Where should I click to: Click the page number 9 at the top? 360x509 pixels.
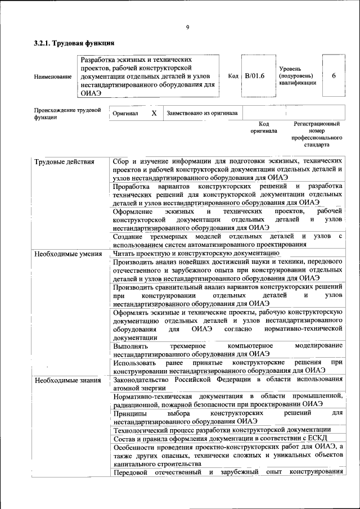point(187,28)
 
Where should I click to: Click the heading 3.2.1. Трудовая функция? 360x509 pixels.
point(74,43)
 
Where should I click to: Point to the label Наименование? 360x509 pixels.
point(53,76)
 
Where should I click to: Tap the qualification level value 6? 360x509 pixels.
point(334,76)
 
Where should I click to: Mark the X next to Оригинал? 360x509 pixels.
point(154,113)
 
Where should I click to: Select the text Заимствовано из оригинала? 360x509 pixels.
point(202,113)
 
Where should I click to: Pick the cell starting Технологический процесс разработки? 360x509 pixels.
point(222,429)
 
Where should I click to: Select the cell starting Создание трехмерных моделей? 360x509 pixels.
point(227,240)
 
